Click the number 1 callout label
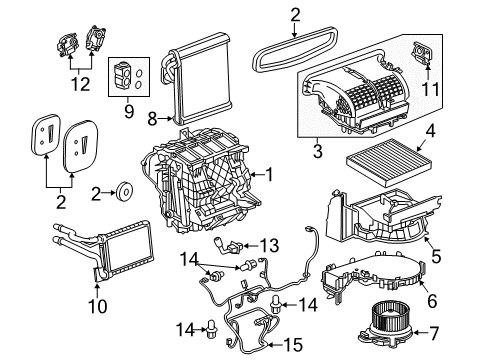(x=267, y=175)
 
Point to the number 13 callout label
(x=269, y=246)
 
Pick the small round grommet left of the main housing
(x=126, y=189)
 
